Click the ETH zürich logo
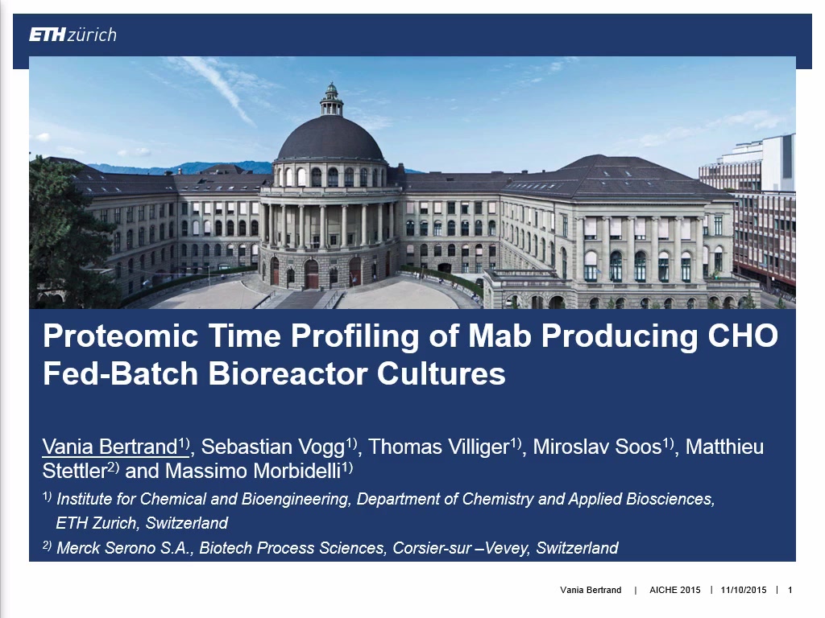point(73,35)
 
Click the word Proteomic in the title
point(121,336)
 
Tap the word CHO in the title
point(743,335)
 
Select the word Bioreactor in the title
point(288,373)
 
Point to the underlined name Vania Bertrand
point(110,447)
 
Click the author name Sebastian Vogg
point(273,447)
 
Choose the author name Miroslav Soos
point(597,447)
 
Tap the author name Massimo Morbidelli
point(253,471)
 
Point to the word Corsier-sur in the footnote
point(432,548)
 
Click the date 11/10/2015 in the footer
point(744,590)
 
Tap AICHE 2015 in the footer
point(675,590)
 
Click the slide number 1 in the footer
point(790,590)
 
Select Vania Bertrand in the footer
point(591,590)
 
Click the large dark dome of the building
point(330,138)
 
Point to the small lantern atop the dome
point(331,99)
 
